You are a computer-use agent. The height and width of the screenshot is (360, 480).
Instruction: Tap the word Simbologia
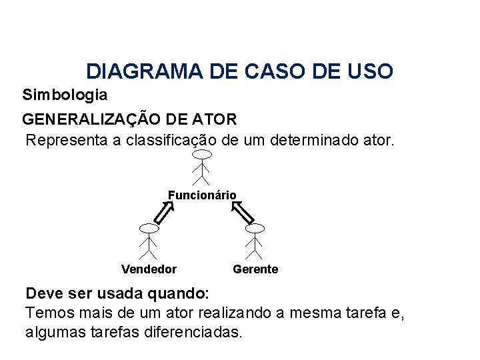click(65, 95)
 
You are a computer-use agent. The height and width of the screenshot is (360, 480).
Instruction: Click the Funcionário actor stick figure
click(201, 167)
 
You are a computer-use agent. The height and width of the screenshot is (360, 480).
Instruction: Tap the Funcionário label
click(202, 195)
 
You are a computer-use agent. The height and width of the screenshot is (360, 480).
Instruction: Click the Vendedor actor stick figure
click(149, 240)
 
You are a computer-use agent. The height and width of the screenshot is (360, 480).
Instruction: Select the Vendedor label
click(149, 269)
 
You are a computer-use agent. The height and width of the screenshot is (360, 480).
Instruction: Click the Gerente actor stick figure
click(255, 240)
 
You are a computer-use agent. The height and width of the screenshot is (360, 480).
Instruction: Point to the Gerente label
click(255, 269)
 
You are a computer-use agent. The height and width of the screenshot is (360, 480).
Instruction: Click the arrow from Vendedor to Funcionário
click(164, 213)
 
